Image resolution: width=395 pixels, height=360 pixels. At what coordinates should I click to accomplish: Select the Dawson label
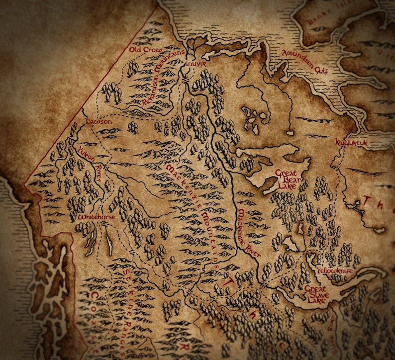(99, 121)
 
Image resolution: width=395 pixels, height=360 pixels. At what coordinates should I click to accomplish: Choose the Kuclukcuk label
(351, 143)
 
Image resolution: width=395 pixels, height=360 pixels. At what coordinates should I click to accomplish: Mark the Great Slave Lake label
(315, 294)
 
